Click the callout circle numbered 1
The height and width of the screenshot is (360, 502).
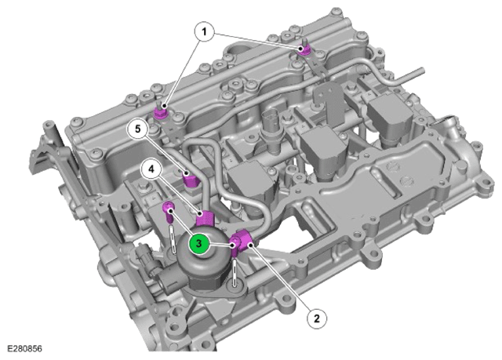[204, 31]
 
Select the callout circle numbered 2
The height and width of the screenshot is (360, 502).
[317, 318]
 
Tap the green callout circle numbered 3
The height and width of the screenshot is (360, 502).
[198, 243]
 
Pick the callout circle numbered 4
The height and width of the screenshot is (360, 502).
[151, 169]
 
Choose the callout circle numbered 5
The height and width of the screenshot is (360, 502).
[138, 129]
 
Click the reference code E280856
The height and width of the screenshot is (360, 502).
[24, 348]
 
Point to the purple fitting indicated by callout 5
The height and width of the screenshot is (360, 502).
[191, 180]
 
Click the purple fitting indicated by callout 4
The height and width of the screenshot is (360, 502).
[205, 217]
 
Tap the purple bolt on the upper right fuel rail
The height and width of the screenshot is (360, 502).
[304, 49]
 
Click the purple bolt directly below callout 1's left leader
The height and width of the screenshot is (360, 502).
[160, 113]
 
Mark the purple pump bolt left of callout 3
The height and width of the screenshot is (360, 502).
[169, 211]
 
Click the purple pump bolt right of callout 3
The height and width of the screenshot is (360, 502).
[235, 246]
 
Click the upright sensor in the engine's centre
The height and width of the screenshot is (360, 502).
[271, 131]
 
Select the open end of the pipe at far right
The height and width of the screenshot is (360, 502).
[422, 71]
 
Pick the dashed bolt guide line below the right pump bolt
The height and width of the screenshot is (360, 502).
[235, 272]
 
